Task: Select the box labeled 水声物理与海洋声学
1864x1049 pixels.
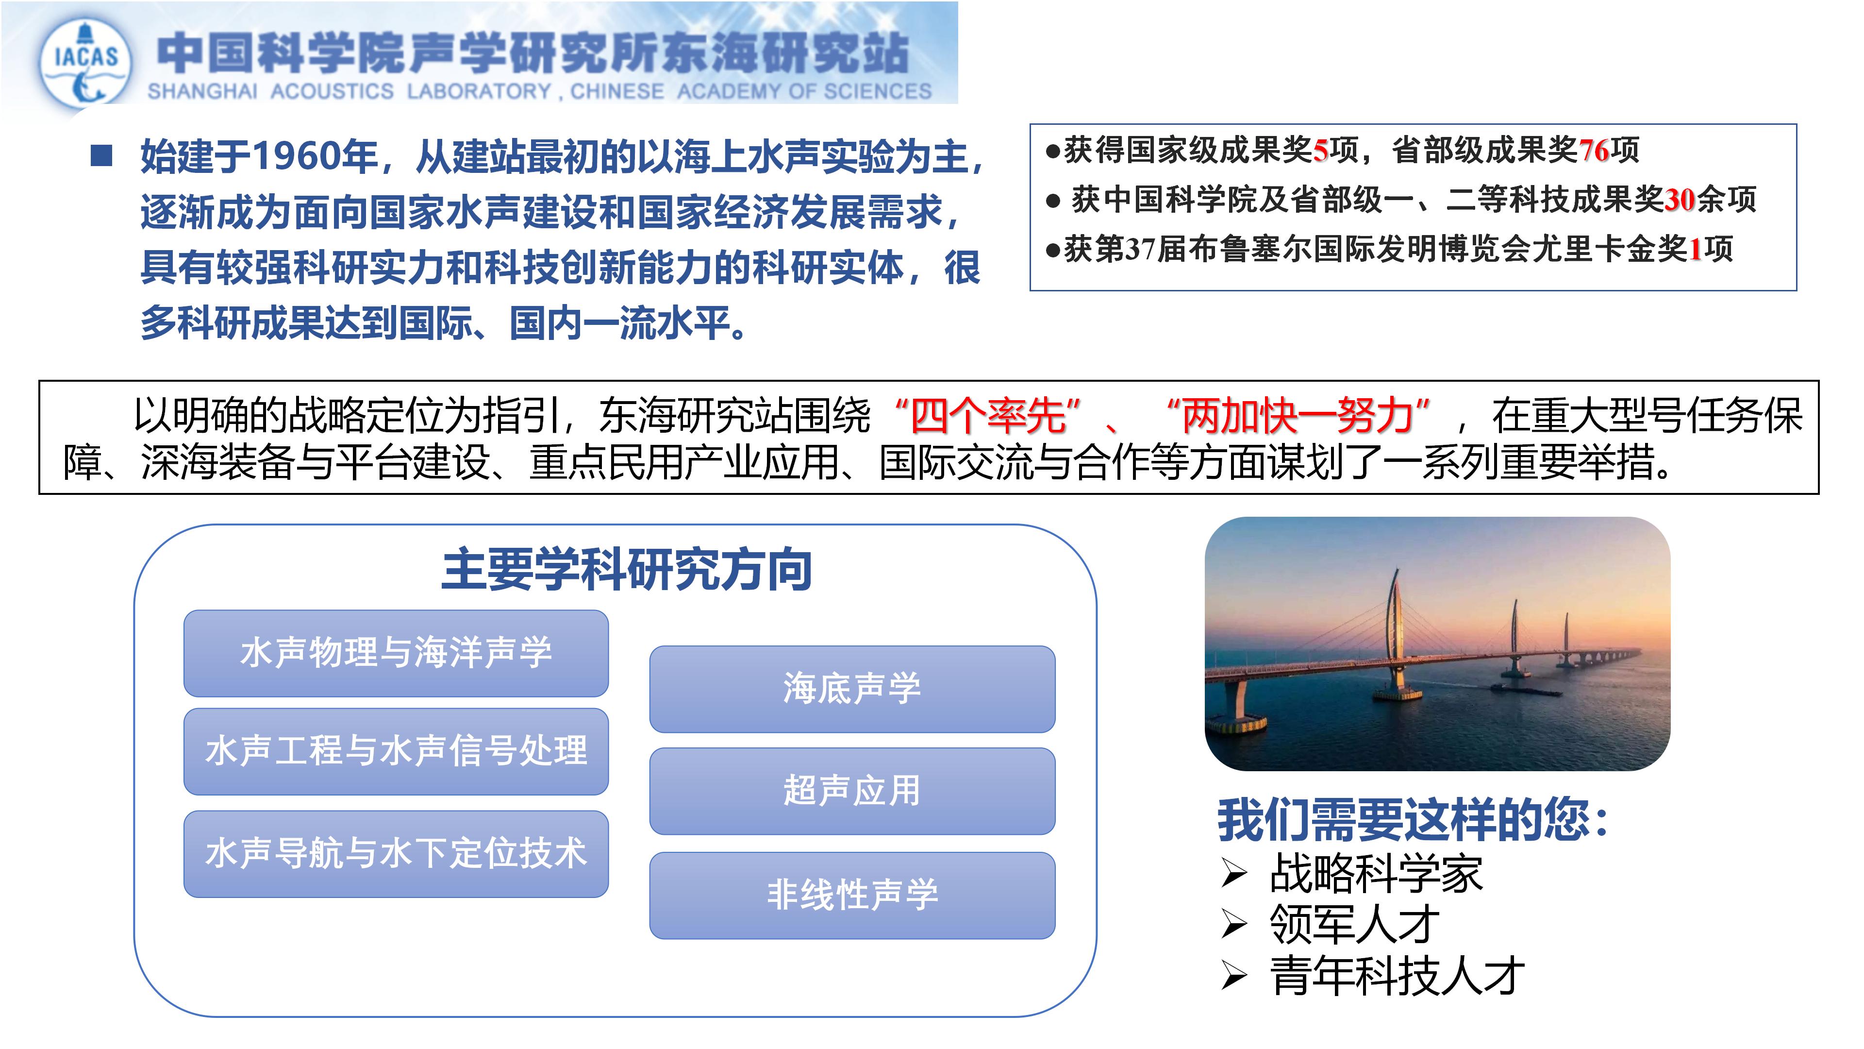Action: [396, 653]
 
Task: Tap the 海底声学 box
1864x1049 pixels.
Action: [852, 689]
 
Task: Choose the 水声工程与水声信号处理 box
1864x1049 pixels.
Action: [396, 751]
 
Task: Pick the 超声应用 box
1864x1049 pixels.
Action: [852, 791]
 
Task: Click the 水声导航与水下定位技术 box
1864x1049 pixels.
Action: [396, 854]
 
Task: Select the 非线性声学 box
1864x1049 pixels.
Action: [852, 895]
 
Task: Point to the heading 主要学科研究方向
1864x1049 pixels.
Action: [627, 570]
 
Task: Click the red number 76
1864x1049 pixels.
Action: [1593, 151]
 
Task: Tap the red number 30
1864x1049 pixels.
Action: [1680, 200]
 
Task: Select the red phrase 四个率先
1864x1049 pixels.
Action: [988, 416]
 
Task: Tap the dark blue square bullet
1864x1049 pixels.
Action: [101, 155]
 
